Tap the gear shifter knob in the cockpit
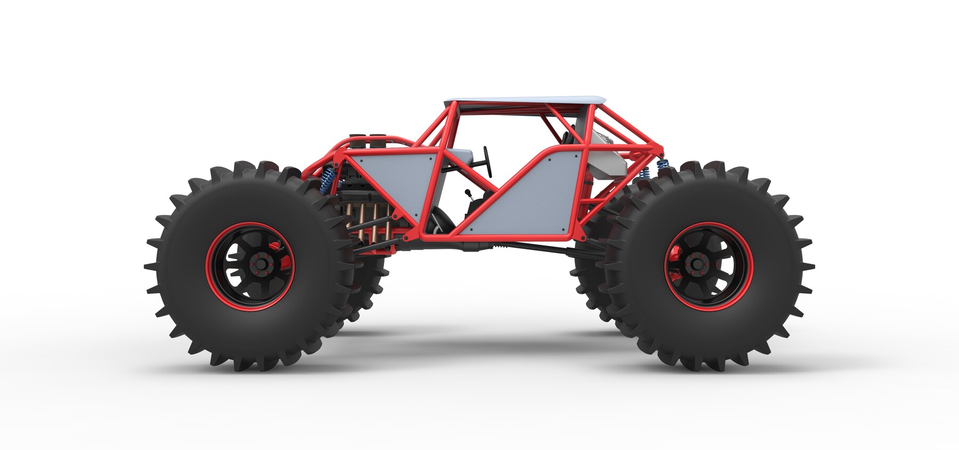(x=467, y=193)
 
